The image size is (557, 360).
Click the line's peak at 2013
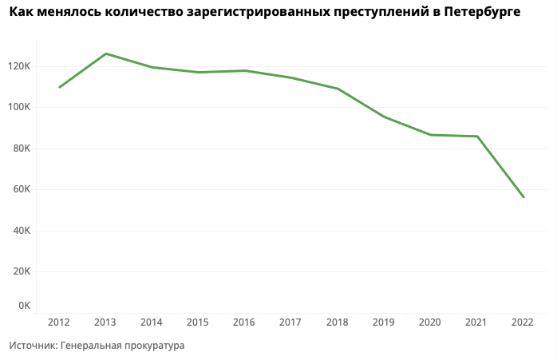[x=105, y=53]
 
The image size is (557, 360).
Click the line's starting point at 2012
[x=60, y=87]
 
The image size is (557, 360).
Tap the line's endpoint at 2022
[x=523, y=197]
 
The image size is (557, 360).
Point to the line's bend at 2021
[x=477, y=136]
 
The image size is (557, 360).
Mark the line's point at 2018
[x=338, y=89]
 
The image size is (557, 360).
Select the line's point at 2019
[x=384, y=117]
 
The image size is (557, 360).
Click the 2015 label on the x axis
[x=198, y=322]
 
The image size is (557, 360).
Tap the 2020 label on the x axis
[x=429, y=322]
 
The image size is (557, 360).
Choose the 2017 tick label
[x=290, y=322]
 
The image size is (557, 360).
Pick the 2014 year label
[x=152, y=322]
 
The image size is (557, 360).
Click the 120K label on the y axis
[x=18, y=66]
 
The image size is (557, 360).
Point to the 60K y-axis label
[x=20, y=190]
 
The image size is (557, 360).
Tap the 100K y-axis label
[x=18, y=107]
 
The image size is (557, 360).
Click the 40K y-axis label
[x=20, y=231]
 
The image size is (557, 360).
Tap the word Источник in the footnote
[x=33, y=346]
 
